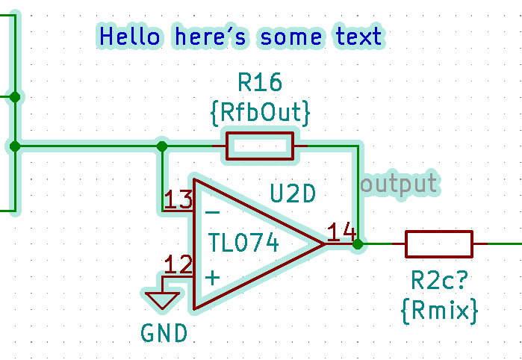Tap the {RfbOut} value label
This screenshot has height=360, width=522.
[x=260, y=114]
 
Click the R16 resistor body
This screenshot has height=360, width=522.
[x=260, y=146]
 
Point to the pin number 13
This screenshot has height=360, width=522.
[x=178, y=199]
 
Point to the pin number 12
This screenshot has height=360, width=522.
[x=178, y=264]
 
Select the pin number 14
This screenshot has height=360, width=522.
[x=341, y=232]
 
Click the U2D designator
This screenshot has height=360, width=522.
[x=293, y=194]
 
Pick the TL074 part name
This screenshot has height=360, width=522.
[x=243, y=243]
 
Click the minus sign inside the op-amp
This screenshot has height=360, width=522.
[x=212, y=213]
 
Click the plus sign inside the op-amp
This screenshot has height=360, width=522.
[x=212, y=278]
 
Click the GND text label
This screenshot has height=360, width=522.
[x=164, y=332]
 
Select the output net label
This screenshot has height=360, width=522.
[x=399, y=183]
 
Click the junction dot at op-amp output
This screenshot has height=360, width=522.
[x=358, y=243]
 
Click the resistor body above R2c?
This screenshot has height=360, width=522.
[x=438, y=243]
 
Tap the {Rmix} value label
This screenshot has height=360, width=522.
[x=438, y=309]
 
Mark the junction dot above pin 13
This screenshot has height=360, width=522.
[x=162, y=146]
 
